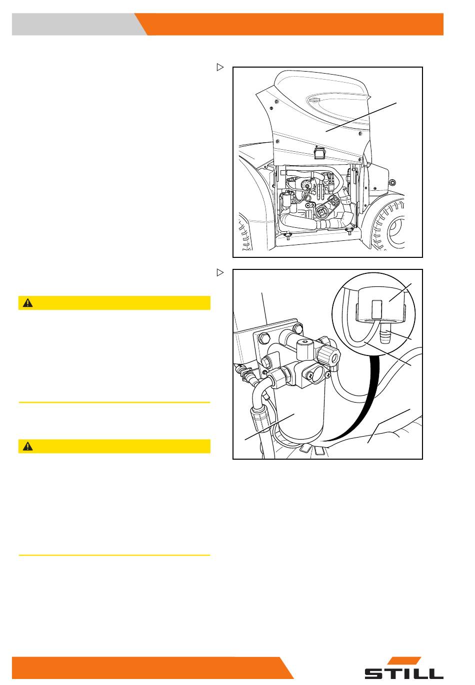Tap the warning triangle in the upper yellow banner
[28, 303]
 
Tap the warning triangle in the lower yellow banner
[28, 447]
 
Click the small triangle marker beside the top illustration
[220, 67]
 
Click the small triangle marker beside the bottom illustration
[220, 272]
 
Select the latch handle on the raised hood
[319, 153]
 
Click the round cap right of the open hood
[393, 183]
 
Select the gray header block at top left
[79, 24]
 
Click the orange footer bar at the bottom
[152, 667]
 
